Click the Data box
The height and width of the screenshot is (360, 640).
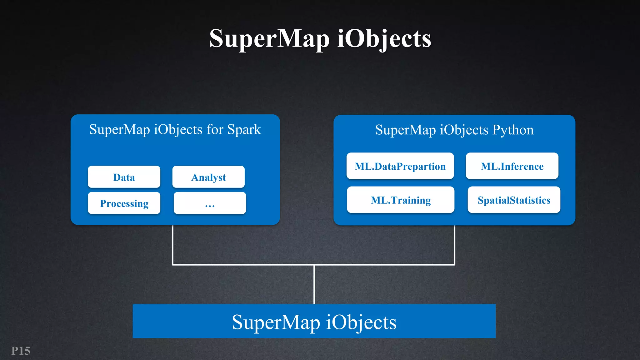point(124,177)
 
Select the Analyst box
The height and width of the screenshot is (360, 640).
point(208,177)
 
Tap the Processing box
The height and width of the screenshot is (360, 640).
point(124,203)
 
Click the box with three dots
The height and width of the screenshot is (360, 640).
point(210,203)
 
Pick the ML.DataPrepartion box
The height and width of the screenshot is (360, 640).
point(400,166)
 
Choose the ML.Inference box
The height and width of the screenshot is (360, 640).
point(512,166)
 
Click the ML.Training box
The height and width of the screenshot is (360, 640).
point(401,200)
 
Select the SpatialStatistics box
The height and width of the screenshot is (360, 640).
point(514,200)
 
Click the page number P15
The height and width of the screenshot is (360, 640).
point(21,351)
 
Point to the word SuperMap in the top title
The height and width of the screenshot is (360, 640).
point(269,38)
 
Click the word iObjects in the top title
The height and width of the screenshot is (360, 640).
point(384,38)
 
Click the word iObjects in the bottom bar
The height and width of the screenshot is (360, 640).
point(361,322)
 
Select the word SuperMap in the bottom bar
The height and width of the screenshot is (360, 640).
point(276,322)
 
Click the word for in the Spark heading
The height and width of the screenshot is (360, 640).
point(215,129)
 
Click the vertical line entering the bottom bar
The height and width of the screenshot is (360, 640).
point(314,284)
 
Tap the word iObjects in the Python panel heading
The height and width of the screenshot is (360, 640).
point(464,130)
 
